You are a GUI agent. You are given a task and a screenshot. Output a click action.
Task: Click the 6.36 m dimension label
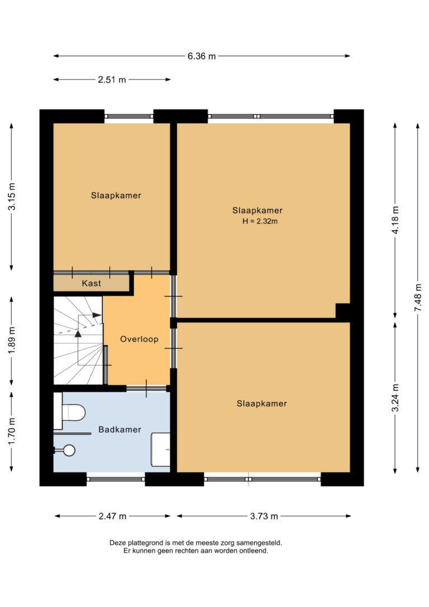click(202, 56)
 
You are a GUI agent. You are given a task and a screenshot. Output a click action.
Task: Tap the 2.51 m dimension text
click(112, 80)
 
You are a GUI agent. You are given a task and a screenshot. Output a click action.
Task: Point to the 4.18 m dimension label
click(395, 220)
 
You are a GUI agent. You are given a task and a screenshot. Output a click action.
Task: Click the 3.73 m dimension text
click(264, 516)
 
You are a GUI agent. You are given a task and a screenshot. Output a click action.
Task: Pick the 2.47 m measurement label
click(112, 516)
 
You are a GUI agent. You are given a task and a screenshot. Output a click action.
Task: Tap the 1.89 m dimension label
click(12, 340)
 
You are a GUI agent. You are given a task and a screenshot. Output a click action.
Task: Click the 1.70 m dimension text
click(12, 431)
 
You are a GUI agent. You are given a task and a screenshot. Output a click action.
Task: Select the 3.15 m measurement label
click(12, 196)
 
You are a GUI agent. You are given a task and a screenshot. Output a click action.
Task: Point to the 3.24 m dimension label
click(395, 399)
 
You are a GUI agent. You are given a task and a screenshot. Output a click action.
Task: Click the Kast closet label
click(91, 283)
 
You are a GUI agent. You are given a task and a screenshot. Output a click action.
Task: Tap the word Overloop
click(139, 339)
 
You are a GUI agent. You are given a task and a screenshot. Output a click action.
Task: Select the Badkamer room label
click(120, 429)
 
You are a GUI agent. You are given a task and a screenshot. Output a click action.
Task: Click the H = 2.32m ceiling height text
click(260, 221)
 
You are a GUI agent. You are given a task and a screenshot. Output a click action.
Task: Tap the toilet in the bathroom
click(70, 412)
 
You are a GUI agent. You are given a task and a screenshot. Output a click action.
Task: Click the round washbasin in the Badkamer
click(69, 450)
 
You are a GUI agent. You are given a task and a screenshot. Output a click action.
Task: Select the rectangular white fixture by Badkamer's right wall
click(160, 449)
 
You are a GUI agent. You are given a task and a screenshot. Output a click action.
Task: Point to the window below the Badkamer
click(116, 479)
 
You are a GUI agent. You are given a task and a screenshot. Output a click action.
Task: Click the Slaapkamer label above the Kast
click(116, 196)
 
